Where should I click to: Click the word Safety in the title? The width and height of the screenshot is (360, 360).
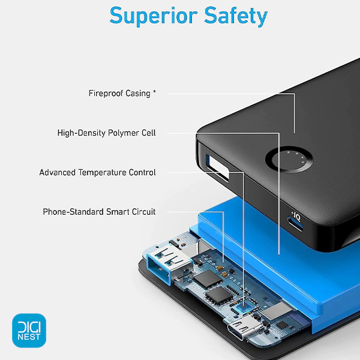pos(236,16)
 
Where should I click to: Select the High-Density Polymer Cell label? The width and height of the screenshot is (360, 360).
pos(106,133)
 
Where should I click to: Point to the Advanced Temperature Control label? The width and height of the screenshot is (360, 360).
pos(97,172)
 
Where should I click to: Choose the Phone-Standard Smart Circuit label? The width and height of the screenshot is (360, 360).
pos(99,212)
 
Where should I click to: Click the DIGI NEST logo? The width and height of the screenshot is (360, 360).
pos(29,331)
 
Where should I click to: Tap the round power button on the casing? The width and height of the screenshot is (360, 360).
pos(289,159)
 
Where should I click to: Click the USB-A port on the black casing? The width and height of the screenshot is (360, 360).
pos(217,166)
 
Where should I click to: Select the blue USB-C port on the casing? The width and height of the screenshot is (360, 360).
pos(296,224)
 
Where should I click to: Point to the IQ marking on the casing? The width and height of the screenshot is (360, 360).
pos(296,217)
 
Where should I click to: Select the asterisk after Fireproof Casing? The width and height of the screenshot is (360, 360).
pos(155,91)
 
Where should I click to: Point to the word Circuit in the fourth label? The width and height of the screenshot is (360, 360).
pos(144,212)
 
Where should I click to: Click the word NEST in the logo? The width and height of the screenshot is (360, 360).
pos(29,337)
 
